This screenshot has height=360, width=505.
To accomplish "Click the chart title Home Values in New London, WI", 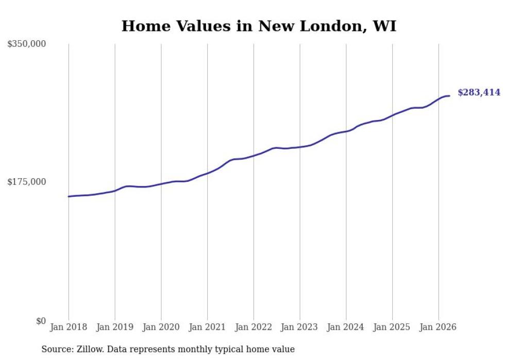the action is (259, 26).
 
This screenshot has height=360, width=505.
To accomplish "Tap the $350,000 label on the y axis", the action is (26, 44).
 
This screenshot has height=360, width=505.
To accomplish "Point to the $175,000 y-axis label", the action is (26, 182).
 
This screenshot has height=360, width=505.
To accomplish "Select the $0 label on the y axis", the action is (41, 321).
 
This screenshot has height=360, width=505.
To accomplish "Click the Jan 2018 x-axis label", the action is (69, 327).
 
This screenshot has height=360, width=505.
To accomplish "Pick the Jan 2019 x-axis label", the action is (114, 327).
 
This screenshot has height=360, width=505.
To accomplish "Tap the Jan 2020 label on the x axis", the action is (161, 327).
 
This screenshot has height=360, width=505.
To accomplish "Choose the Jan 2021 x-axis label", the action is (207, 327).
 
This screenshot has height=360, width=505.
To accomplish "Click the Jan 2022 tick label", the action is (254, 327).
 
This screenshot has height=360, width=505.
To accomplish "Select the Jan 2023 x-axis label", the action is (299, 327).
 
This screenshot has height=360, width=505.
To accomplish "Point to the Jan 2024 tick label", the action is (346, 327).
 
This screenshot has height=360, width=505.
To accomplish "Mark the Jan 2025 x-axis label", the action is (392, 327).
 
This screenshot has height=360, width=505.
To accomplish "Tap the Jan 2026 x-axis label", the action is (439, 327).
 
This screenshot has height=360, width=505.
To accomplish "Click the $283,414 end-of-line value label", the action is (479, 93).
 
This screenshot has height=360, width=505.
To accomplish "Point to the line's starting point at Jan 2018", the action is (69, 196).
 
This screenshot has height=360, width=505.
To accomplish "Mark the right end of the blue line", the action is (449, 96).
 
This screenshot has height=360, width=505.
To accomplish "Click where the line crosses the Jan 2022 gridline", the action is (254, 156).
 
